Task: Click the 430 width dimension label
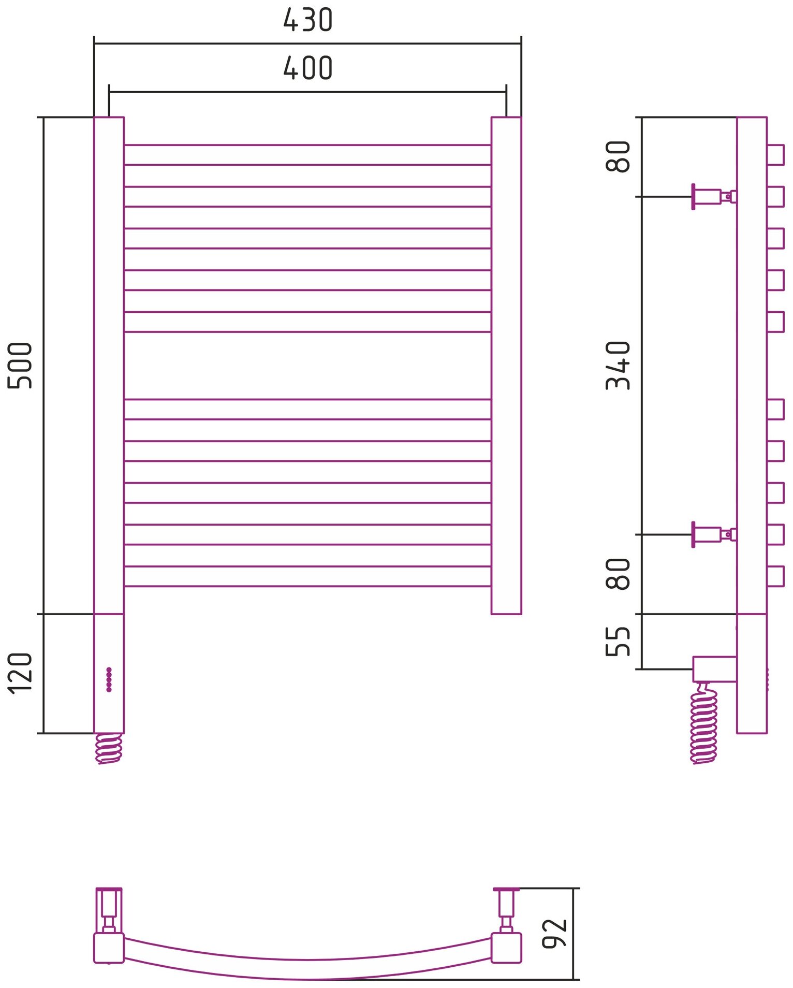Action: tap(307, 21)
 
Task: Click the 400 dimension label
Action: tap(307, 68)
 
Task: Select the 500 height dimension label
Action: tap(21, 365)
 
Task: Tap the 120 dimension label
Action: tap(21, 673)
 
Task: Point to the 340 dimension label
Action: tap(618, 365)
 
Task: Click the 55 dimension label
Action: tap(618, 641)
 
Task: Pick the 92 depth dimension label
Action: tap(554, 933)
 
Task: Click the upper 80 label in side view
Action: tap(618, 156)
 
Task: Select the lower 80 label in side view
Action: tap(618, 574)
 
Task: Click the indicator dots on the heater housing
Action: tap(109, 679)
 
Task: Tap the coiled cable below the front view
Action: tap(109, 748)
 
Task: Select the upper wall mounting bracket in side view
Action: tap(713, 197)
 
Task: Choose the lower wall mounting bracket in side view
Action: tap(713, 534)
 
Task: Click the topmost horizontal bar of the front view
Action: tap(307, 155)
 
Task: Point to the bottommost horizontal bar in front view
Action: tap(307, 576)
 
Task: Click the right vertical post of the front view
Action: tap(506, 365)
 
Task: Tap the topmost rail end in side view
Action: tap(775, 155)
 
